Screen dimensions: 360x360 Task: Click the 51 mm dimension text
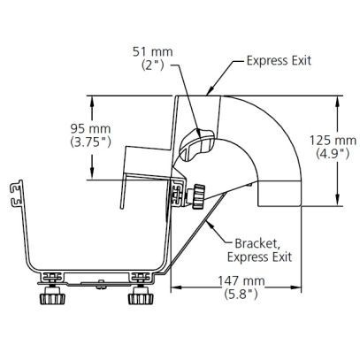point(152,52)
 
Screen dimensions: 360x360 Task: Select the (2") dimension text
point(152,65)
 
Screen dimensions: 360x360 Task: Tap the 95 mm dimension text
point(90,129)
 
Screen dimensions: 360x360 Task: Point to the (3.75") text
point(90,142)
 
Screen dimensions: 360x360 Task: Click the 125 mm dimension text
point(333,141)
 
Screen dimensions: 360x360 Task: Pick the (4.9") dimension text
point(333,153)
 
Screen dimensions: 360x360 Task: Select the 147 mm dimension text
point(241,280)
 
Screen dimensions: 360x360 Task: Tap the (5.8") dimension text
point(241,294)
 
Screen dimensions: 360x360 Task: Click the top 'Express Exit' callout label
point(279,61)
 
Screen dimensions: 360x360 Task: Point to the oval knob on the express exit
point(196,145)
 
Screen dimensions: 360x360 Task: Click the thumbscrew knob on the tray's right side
point(199,196)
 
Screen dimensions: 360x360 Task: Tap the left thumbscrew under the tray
point(52,295)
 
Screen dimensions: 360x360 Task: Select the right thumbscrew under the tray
point(141,295)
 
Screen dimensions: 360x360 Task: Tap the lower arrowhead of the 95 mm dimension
point(92,173)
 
